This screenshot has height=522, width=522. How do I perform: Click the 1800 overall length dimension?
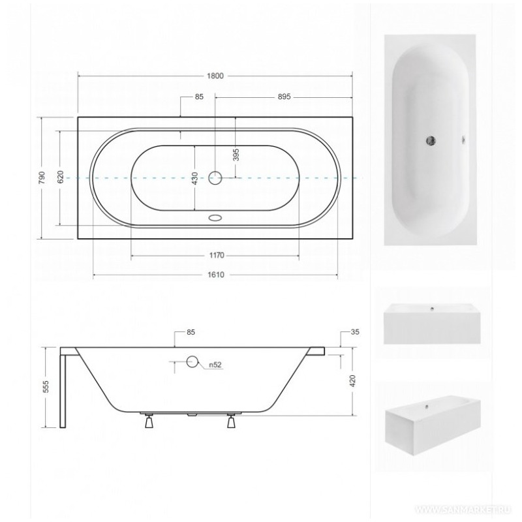tap(215, 76)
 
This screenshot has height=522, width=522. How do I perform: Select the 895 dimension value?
tap(284, 97)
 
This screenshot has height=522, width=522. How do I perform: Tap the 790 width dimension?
tap(42, 178)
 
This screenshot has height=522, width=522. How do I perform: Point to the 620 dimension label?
tap(60, 177)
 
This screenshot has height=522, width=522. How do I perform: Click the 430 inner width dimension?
tap(194, 178)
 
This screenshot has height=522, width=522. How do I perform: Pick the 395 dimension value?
tap(236, 155)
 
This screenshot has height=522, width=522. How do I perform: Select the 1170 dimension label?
tap(217, 255)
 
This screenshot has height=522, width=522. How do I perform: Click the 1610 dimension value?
tap(217, 275)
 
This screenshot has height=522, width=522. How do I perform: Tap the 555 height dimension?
tap(46, 386)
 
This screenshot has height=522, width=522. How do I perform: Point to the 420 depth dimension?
tap(352, 381)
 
